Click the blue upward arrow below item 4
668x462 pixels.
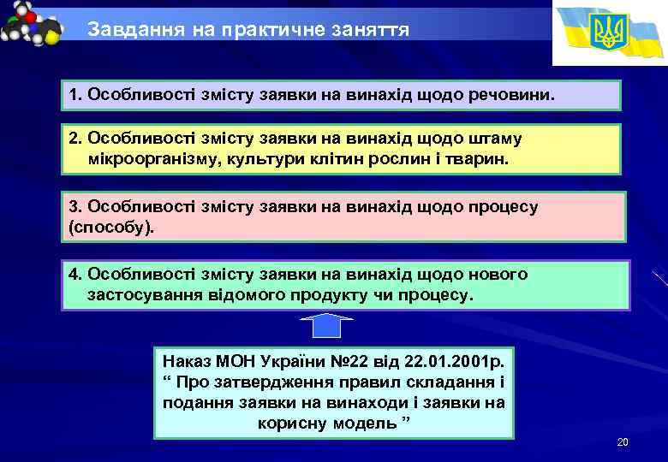pyautogui.click(x=327, y=328)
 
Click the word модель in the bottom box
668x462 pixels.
pyautogui.click(x=357, y=423)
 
